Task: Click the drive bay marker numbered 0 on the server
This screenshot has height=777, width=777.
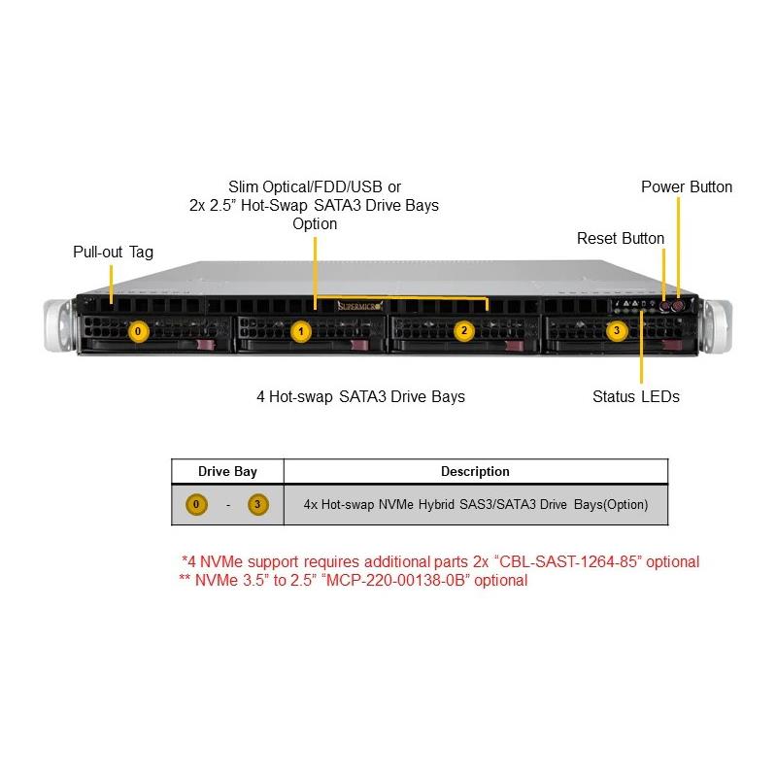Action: [x=139, y=331]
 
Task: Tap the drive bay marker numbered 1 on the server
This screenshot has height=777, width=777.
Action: [x=301, y=332]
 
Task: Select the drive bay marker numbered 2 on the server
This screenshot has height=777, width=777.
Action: [x=464, y=331]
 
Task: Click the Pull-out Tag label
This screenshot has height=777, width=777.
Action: [x=113, y=252]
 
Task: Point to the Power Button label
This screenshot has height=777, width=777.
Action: [x=687, y=186]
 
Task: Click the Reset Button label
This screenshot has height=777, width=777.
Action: [x=621, y=238]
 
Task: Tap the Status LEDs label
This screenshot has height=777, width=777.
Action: [x=636, y=396]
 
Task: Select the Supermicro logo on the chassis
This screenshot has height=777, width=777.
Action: [x=359, y=306]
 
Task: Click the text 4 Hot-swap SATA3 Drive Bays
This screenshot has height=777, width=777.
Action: [x=360, y=396]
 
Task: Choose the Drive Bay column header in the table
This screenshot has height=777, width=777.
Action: [x=228, y=471]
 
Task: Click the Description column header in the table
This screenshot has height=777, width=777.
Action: [x=475, y=471]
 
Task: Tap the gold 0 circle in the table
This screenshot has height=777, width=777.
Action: [x=197, y=505]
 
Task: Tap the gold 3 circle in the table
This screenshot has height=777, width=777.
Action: [x=257, y=505]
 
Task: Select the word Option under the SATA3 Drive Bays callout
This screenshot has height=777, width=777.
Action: [x=315, y=223]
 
